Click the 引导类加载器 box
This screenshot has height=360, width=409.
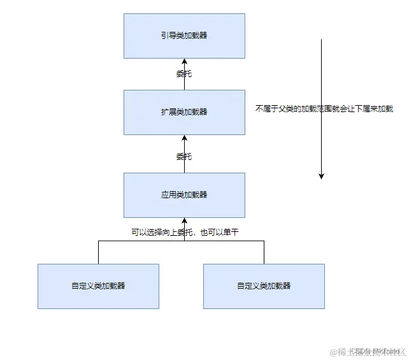(184, 36)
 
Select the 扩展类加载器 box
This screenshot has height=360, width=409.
(184, 112)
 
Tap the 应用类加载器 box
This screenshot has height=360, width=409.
(184, 195)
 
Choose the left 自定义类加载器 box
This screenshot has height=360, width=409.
(98, 286)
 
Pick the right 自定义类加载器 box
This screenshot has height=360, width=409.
(264, 286)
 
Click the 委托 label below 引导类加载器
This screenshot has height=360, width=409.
(184, 74)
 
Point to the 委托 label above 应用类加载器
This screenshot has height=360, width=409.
(184, 157)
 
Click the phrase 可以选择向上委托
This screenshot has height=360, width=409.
(157, 233)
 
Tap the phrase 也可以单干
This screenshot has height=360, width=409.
(220, 233)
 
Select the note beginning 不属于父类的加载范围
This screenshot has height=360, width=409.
(324, 109)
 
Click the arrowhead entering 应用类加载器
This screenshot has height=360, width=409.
(184, 221)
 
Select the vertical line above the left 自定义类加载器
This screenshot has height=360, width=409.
(98, 252)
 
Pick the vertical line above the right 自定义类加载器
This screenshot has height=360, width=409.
(264, 252)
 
